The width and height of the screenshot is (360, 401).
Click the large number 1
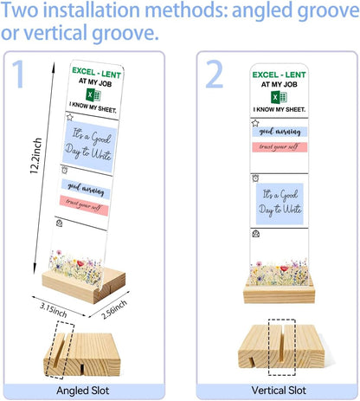pos(18,74)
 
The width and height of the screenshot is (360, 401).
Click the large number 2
pos(214,74)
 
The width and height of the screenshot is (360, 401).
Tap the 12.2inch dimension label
pos(36,156)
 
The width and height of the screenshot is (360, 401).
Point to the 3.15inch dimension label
pos(54,310)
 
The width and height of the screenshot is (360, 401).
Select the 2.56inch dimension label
pos(114,309)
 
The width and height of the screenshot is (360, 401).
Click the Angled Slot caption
pos(83,391)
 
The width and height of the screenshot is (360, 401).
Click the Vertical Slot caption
pos(279,391)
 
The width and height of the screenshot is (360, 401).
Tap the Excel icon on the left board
pos(93,94)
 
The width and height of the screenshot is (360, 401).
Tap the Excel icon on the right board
pos(279,97)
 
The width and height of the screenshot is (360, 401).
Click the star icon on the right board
pos(255,123)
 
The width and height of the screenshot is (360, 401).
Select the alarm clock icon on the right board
pos(255,178)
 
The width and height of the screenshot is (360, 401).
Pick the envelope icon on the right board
pos(255,233)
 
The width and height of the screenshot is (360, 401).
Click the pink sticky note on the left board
pos(84,205)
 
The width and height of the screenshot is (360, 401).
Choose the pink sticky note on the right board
pos(280,147)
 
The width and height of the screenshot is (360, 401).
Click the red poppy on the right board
pos(285,268)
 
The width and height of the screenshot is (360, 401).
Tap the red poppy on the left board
pos(80,263)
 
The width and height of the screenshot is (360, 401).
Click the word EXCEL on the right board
pos(266,74)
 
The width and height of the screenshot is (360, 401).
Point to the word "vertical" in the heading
pos(55,32)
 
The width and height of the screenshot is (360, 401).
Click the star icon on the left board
pos(69,117)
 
